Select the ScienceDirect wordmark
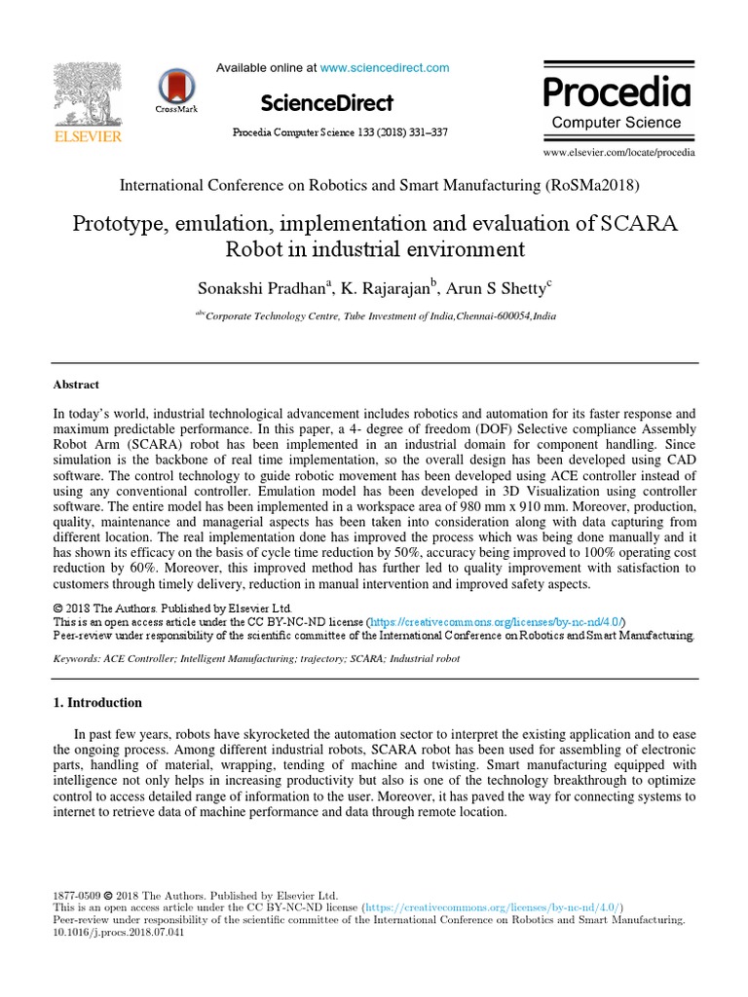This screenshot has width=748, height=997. pyautogui.click(x=327, y=103)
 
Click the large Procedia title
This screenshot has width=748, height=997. pyautogui.click(x=617, y=92)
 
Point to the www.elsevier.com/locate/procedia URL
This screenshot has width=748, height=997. pyautogui.click(x=618, y=153)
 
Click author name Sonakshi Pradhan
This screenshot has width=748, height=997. pyautogui.click(x=263, y=286)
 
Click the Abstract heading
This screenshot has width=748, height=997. pyautogui.click(x=76, y=385)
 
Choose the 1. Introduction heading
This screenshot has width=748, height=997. pyautogui.click(x=97, y=703)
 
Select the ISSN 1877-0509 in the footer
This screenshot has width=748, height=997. pyautogui.click(x=75, y=895)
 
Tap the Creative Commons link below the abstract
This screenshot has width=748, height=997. pyautogui.click(x=497, y=621)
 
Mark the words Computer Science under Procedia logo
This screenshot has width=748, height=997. pyautogui.click(x=617, y=123)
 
